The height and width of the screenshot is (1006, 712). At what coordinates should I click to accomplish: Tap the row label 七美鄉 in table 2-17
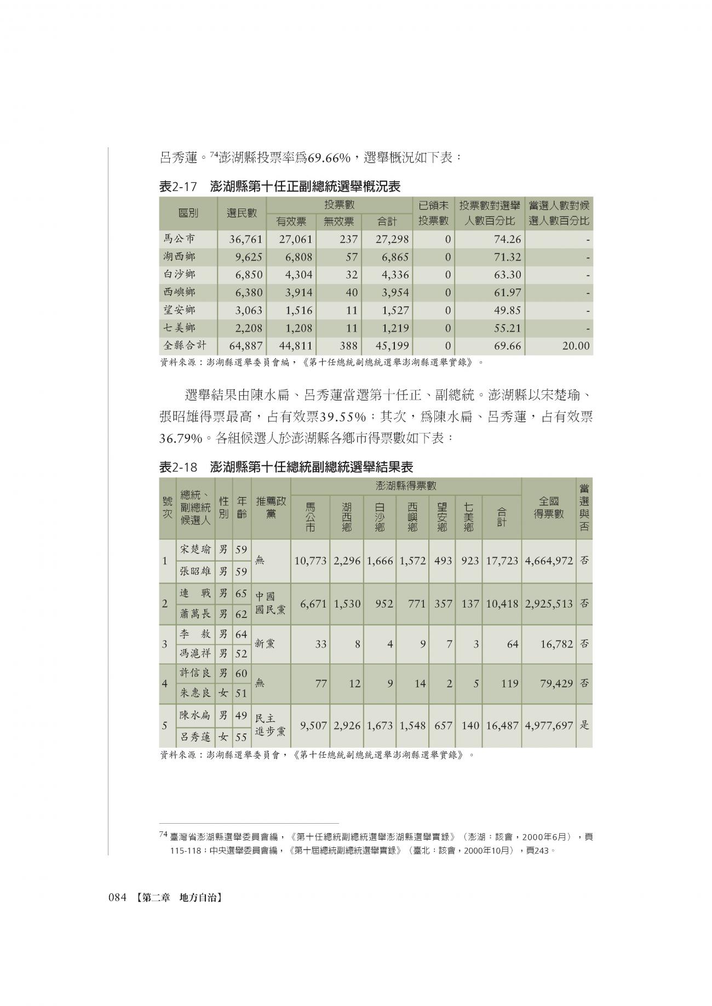click(179, 328)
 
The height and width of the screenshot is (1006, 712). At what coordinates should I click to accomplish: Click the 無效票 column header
click(339, 222)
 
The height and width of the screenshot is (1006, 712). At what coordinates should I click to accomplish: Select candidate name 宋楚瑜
click(195, 550)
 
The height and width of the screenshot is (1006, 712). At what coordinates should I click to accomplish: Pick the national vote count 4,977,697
click(548, 725)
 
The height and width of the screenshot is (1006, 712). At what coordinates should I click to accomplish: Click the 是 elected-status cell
click(584, 725)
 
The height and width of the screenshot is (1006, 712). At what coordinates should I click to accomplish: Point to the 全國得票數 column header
click(548, 508)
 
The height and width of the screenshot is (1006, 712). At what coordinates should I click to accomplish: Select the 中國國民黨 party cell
click(271, 603)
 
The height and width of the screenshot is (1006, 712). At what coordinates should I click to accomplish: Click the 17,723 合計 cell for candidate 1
click(501, 561)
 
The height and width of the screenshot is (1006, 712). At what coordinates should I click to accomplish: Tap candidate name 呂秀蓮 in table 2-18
click(195, 737)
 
